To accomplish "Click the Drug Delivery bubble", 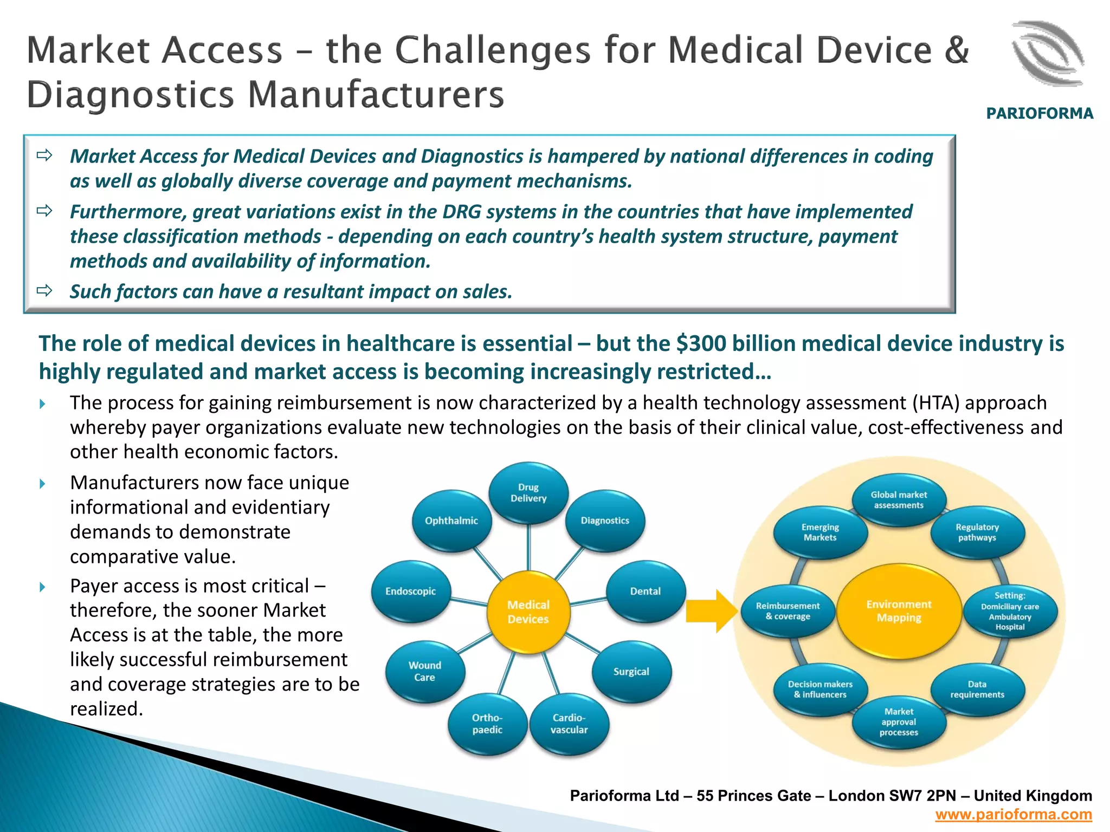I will click(x=528, y=493).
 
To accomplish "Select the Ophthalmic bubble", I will click(x=451, y=521).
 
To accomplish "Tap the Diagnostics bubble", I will click(x=605, y=521).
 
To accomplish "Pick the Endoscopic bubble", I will click(x=411, y=591).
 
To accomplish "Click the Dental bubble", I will click(x=645, y=591).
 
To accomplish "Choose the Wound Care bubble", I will click(x=425, y=671).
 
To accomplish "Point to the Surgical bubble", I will click(x=631, y=671).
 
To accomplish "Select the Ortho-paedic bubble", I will click(x=487, y=724).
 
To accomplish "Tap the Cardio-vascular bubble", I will click(x=569, y=724).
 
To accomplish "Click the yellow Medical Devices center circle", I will click(x=528, y=612).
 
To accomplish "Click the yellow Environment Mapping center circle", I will click(x=899, y=611).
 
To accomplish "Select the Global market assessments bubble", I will click(x=899, y=499).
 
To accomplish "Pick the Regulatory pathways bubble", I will click(x=977, y=532).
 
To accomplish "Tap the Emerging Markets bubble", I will click(x=820, y=532).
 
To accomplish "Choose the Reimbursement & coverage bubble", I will click(x=788, y=611).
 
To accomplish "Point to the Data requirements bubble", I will click(x=977, y=689).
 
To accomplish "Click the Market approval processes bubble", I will click(x=899, y=721).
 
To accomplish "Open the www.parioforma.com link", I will click(x=1013, y=815).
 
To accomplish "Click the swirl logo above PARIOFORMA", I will click(x=1047, y=54).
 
